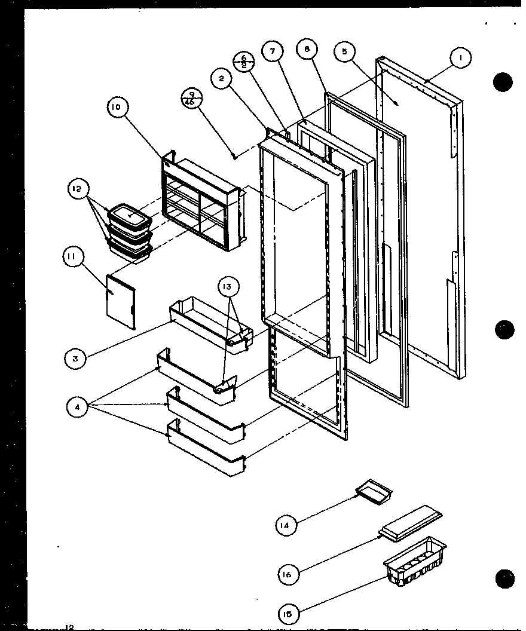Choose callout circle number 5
point(344,52)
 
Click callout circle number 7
point(273,51)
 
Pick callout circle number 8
point(307,50)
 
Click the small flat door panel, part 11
point(120,301)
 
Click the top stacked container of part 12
point(129,215)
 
